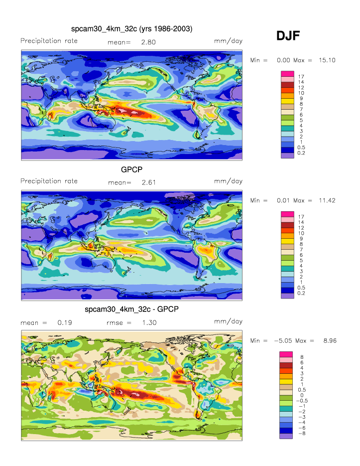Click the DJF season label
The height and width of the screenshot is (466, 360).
tap(288, 36)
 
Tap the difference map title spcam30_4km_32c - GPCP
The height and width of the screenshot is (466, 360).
tap(131, 310)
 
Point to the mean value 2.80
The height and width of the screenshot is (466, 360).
tap(148, 42)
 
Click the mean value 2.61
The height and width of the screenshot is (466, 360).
tap(148, 182)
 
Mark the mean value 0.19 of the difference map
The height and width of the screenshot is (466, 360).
tap(65, 322)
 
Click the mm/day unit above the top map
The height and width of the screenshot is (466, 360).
tap(228, 41)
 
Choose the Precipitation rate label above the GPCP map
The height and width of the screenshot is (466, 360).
tap(49, 181)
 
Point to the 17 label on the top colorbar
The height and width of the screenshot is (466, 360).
tap(301, 76)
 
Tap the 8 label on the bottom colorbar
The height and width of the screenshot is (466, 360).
tap(301, 357)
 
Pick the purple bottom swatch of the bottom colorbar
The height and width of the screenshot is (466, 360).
tap(288, 436)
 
